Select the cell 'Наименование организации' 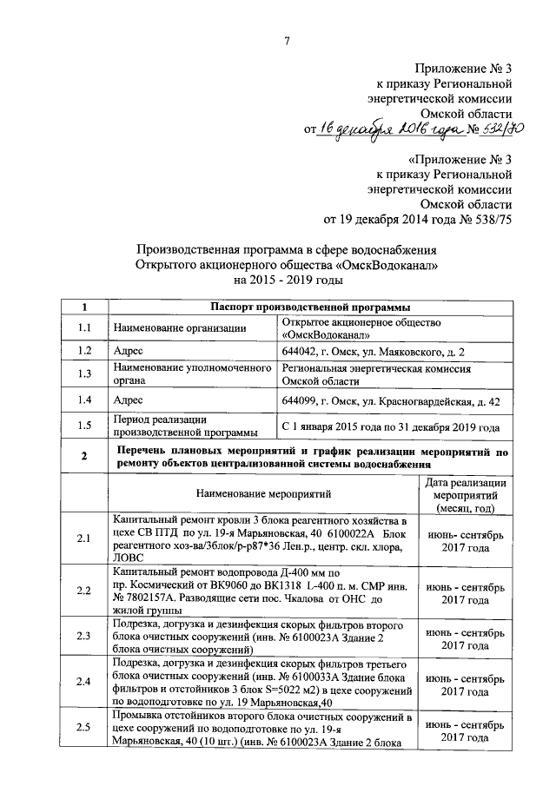[x=174, y=328]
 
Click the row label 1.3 [x=84, y=374]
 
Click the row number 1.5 [x=84, y=426]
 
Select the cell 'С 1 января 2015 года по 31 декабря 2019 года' [x=391, y=427]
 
